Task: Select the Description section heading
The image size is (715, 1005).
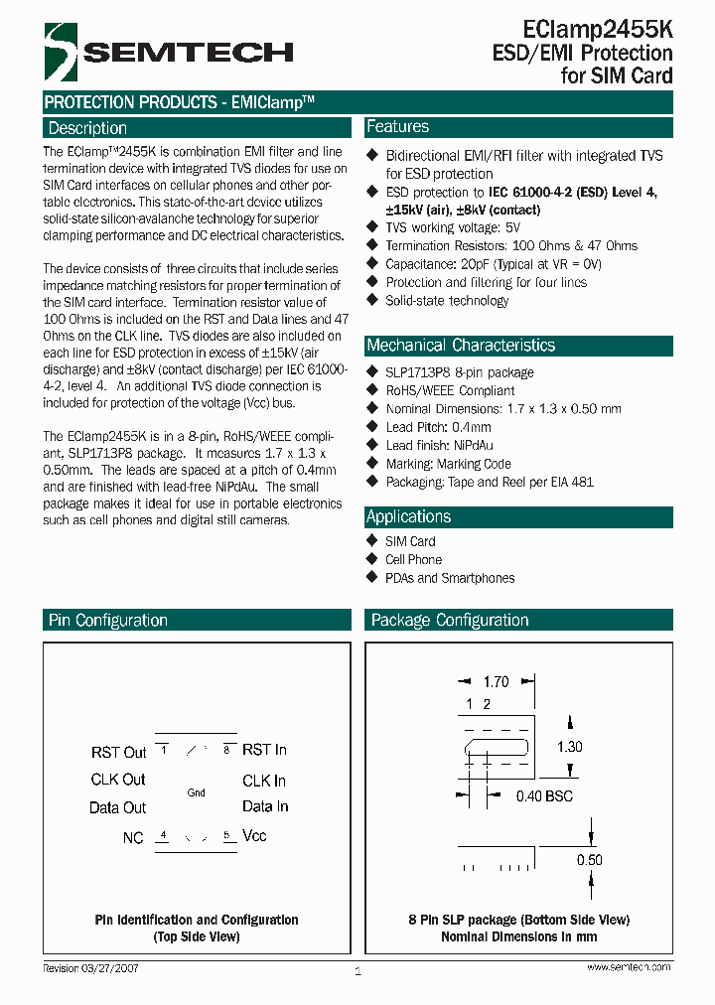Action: point(88,128)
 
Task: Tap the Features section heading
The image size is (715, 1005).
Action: point(398,127)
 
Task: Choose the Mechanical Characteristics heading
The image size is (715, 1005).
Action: point(461,346)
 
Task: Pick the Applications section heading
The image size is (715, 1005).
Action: point(409,516)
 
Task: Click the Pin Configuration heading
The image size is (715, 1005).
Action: point(108,621)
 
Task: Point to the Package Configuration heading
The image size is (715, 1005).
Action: point(450,621)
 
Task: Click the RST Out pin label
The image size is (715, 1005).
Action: point(119,753)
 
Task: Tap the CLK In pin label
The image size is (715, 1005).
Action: point(264,781)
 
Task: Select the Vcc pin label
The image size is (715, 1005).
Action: point(254,835)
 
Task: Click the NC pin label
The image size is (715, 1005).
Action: point(133,837)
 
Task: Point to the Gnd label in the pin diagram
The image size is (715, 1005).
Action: point(196,792)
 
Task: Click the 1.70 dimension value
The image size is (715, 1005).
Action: point(496,682)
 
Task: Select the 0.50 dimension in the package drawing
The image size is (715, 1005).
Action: point(589,860)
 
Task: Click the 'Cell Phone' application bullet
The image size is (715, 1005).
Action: point(413,559)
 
